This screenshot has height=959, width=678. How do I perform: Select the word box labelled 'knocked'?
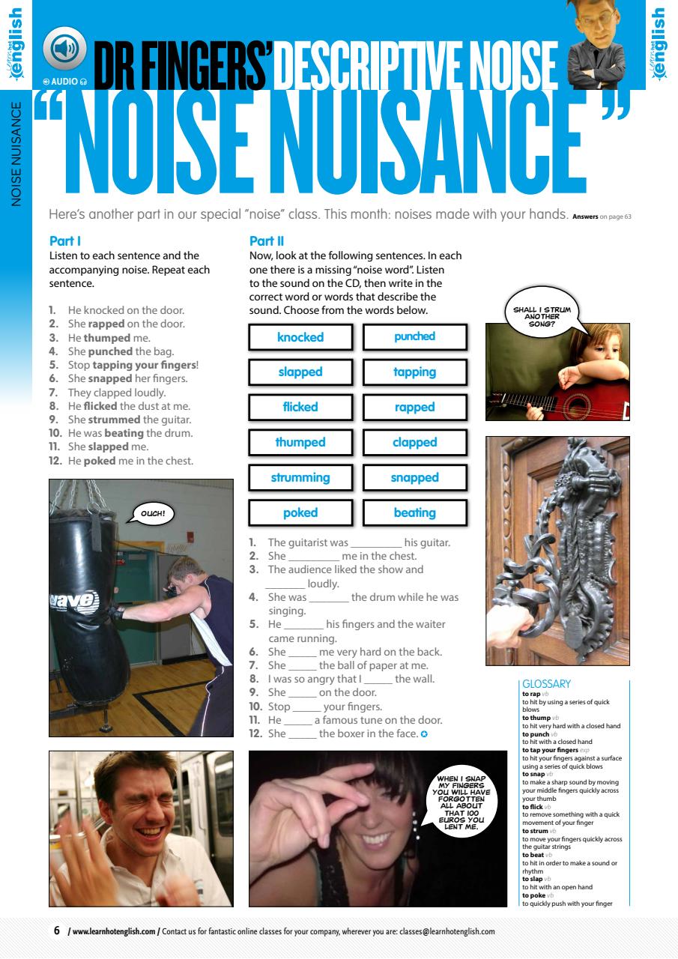point(300,337)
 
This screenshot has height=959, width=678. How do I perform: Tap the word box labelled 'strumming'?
point(300,477)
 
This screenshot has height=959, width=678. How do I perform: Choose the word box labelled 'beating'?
point(414,512)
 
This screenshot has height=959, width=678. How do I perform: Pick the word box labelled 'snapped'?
point(414,477)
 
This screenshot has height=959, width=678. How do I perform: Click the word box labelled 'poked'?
point(300,512)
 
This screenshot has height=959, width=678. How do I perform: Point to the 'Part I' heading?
point(64,241)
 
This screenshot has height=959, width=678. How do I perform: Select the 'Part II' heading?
point(266,241)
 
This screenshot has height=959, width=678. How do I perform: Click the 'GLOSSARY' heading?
point(546,683)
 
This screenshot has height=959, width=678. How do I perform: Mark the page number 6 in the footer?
point(56,931)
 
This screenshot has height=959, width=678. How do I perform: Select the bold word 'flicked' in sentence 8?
point(100,406)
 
